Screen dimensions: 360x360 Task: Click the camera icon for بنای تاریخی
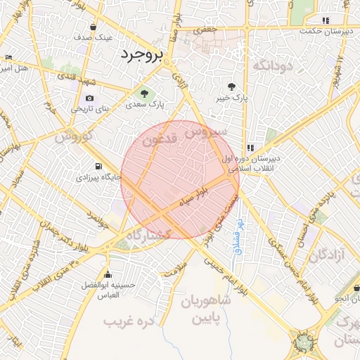(89, 98)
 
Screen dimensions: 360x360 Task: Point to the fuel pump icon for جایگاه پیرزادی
(97, 167)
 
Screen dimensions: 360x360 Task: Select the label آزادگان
(328, 254)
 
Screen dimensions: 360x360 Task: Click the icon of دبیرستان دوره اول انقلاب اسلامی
(250, 148)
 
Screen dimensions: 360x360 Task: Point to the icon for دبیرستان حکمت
(324, 20)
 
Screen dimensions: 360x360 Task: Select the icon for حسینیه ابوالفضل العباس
(107, 274)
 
